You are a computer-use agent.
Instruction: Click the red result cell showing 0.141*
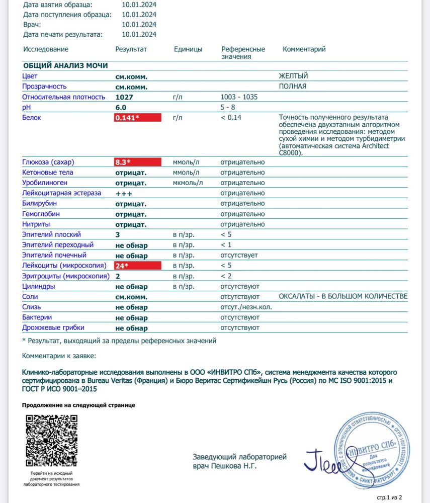(x=138, y=118)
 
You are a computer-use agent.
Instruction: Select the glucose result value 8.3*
(x=138, y=162)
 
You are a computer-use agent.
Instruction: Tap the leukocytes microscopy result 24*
(x=138, y=266)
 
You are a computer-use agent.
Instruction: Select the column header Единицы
(x=188, y=49)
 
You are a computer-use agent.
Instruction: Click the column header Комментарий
(x=304, y=49)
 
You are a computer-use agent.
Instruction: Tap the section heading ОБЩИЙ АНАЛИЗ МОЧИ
(x=65, y=65)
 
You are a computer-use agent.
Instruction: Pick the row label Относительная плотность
(x=64, y=97)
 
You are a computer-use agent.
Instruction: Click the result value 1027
(x=124, y=97)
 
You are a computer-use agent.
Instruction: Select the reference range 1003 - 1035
(x=239, y=97)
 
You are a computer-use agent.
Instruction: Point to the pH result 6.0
(x=121, y=108)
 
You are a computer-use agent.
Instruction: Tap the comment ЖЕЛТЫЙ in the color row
(x=293, y=76)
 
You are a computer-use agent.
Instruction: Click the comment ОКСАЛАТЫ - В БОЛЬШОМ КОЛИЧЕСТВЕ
(x=343, y=296)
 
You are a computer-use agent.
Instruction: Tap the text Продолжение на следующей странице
(x=78, y=405)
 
